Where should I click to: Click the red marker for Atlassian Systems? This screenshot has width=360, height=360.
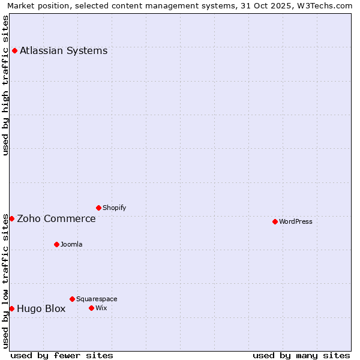pos(14,50)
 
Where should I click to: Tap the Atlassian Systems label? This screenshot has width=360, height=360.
pos(64,50)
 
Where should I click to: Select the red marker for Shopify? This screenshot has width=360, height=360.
pos(98,208)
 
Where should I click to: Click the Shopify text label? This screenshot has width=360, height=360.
pos(114,208)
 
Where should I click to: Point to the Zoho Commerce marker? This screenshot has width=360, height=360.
pos(11,218)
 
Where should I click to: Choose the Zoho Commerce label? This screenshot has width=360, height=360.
pos(56,218)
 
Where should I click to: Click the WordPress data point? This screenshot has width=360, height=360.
pos(275,221)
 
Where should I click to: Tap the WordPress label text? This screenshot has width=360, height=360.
pos(296,221)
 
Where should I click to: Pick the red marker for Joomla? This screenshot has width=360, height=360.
pos(56,244)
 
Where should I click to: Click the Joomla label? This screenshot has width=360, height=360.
pos(71,244)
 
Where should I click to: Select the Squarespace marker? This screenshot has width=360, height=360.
pos(72,299)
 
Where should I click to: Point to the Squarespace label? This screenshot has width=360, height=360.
pos(97,299)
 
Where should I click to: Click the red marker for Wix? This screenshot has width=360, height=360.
pos(91,308)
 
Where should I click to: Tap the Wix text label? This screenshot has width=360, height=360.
pos(101,308)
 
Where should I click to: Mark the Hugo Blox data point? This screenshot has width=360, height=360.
pos(11,308)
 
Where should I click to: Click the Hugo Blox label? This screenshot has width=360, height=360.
pos(41,308)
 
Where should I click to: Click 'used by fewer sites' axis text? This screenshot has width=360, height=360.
pos(62,355)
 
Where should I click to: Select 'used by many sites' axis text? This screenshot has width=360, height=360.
pos(301,355)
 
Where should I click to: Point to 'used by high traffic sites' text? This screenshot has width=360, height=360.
pos(5,85)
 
